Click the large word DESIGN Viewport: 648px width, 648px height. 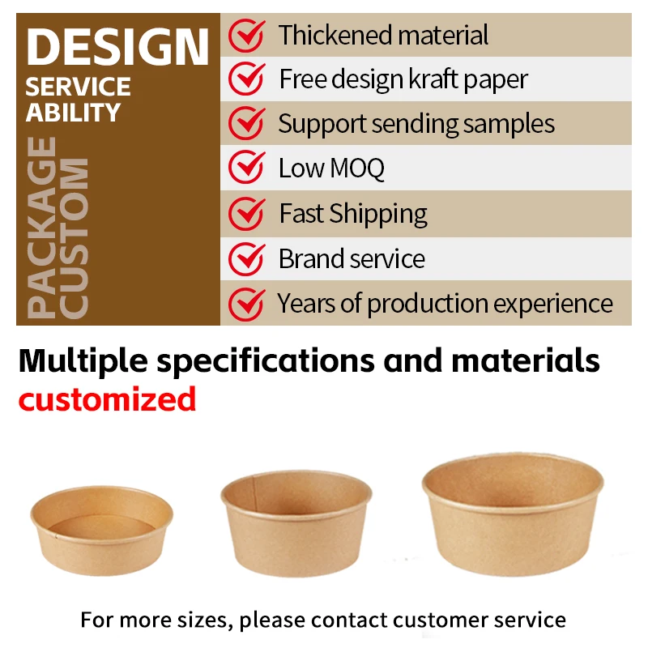[x=117, y=46]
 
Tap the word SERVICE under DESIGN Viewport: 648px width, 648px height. [x=78, y=87]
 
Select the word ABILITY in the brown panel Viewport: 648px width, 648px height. [x=73, y=112]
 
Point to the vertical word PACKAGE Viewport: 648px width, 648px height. [x=42, y=226]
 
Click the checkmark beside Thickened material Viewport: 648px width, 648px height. [x=245, y=35]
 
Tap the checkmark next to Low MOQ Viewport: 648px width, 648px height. [x=245, y=168]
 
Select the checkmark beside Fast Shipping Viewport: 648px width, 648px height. [x=245, y=213]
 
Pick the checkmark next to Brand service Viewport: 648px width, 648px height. [x=245, y=258]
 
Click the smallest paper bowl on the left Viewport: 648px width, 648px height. [x=102, y=530]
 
